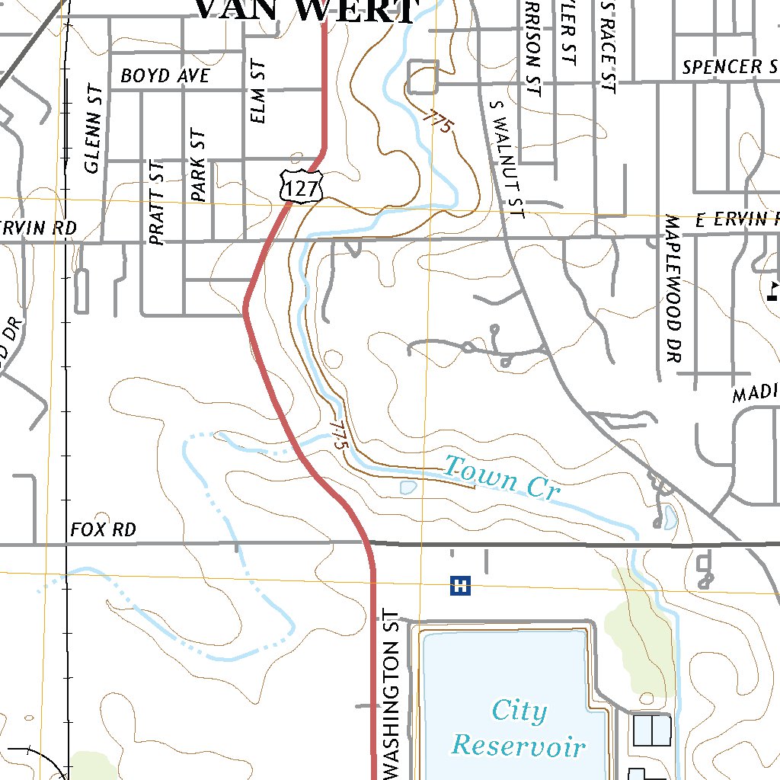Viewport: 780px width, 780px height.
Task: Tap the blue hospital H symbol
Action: point(460,585)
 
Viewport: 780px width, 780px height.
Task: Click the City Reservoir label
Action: point(519,728)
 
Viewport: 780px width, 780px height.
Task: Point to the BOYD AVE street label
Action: point(165,76)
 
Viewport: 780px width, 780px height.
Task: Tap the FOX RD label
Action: point(103,529)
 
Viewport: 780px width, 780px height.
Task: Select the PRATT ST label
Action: point(158,202)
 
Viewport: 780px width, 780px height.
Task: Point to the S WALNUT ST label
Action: point(508,159)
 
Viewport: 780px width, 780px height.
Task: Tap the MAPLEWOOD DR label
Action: point(671,287)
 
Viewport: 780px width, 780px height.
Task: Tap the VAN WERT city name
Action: point(306,11)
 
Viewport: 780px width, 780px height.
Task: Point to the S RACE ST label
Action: point(607,46)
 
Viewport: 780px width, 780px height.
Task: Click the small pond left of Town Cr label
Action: point(408,486)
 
